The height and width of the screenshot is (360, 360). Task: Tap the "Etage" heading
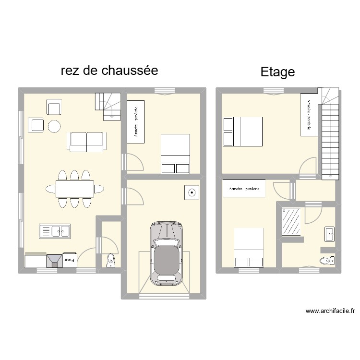coord(277,72)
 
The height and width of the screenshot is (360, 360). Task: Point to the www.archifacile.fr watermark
coord(330,311)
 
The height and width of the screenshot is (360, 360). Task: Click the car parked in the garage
coord(167,253)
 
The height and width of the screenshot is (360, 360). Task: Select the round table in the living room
coord(54,126)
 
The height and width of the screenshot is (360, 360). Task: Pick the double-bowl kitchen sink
coord(55,231)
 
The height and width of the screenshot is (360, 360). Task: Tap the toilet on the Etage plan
coord(327,261)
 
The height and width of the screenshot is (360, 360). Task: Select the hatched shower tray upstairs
coord(291,222)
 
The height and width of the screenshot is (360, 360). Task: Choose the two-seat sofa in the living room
coord(87,141)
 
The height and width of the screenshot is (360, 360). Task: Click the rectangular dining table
coord(74,188)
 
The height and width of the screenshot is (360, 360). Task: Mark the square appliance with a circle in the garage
coord(192,193)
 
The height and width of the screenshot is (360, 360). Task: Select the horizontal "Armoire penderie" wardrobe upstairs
coord(244,189)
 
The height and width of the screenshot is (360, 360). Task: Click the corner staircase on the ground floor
coord(108,106)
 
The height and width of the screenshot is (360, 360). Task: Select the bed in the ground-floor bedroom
coord(175,154)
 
